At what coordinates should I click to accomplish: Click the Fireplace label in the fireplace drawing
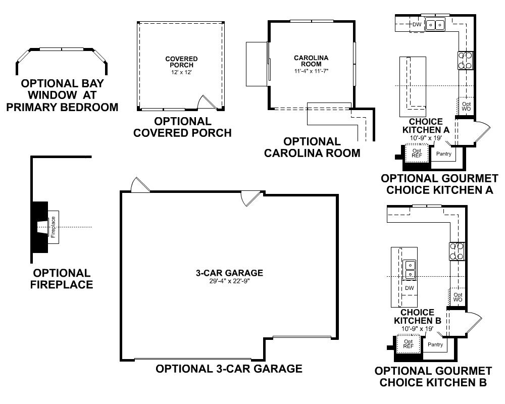pyautogui.click(x=54, y=227)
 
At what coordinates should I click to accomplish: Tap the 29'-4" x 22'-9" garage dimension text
pyautogui.click(x=229, y=281)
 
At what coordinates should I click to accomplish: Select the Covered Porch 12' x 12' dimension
pyautogui.click(x=181, y=73)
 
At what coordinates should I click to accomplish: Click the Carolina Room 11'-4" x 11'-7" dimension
pyautogui.click(x=311, y=71)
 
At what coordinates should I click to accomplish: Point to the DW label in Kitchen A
pyautogui.click(x=417, y=24)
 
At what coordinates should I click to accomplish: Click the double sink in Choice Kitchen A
pyautogui.click(x=435, y=24)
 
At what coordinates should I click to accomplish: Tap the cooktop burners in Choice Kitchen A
pyautogui.click(x=465, y=60)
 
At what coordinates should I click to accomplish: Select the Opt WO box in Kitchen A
pyautogui.click(x=466, y=106)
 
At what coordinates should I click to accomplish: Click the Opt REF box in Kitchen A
pyautogui.click(x=417, y=153)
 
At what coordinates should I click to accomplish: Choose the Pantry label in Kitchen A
pyautogui.click(x=444, y=154)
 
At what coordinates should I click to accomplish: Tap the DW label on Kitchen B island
pyautogui.click(x=410, y=288)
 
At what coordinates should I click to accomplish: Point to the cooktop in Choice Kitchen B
pyautogui.click(x=457, y=251)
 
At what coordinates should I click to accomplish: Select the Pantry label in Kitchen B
pyautogui.click(x=435, y=344)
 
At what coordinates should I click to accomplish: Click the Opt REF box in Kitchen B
pyautogui.click(x=408, y=344)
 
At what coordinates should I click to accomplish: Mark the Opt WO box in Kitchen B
pyautogui.click(x=458, y=297)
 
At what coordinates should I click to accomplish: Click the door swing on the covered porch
pyautogui.click(x=206, y=103)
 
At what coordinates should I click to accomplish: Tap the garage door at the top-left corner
pyautogui.click(x=140, y=185)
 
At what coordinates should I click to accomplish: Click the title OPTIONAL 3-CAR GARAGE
pyautogui.click(x=229, y=369)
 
